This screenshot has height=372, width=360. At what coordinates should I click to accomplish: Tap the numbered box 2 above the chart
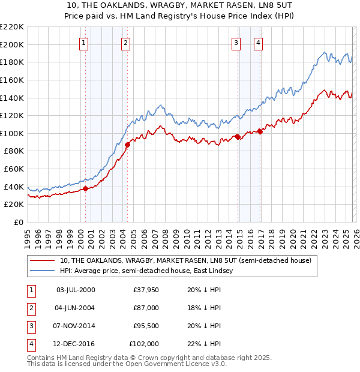point(125,43)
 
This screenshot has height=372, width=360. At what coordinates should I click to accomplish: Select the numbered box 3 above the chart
point(236,43)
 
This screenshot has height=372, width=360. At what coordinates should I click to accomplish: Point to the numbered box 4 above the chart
point(258,43)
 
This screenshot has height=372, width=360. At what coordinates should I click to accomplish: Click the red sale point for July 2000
point(85,188)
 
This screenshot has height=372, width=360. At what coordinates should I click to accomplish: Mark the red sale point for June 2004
point(127,145)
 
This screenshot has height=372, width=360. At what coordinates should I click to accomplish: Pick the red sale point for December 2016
point(260,131)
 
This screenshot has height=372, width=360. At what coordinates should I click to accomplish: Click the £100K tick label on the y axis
point(13,133)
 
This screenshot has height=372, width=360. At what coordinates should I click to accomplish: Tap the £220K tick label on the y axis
point(13,27)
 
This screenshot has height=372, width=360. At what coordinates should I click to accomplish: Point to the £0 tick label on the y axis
point(18,222)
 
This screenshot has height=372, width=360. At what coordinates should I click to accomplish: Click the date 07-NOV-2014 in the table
point(75,326)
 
